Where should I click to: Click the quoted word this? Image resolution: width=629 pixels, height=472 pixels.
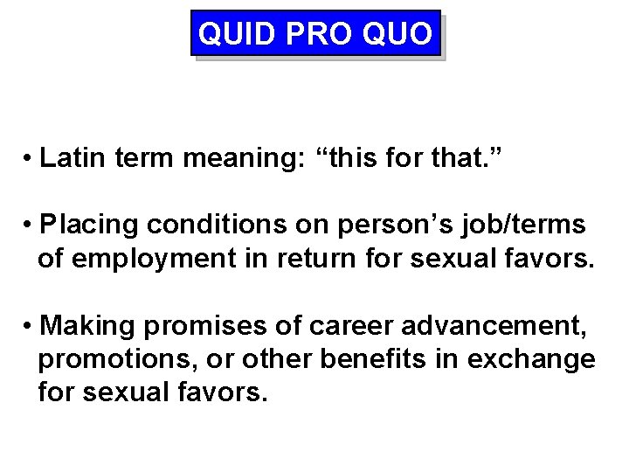tap(364, 158)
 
